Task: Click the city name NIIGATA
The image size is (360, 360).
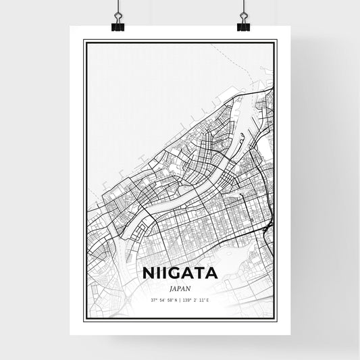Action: pos(180,274)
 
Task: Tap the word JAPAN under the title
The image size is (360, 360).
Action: pos(180,288)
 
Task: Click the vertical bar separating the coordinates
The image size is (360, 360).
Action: pos(180,299)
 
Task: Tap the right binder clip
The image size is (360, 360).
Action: pos(242,25)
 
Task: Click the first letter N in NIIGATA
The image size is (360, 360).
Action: pos(149,274)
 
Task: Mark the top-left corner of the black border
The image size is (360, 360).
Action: pos(84,41)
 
